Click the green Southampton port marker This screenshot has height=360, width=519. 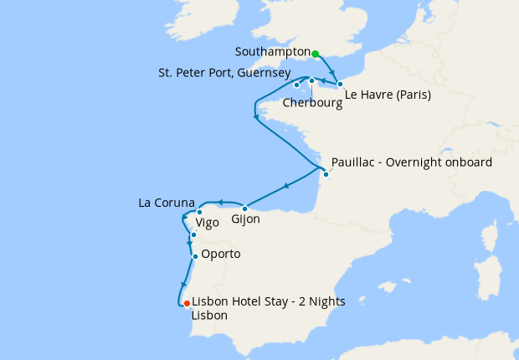tap(316, 54)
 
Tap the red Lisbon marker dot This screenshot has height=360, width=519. tap(186, 303)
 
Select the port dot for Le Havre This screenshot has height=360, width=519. tap(341, 85)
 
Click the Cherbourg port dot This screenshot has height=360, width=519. tap(311, 81)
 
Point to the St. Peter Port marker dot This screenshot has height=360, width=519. tap(297, 85)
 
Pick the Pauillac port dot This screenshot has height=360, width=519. tap(326, 174)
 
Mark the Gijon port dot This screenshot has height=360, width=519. tap(244, 208)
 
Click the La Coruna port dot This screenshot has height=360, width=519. tap(199, 212)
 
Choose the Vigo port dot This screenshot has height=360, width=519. tap(193, 235)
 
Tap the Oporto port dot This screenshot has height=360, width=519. tap(195, 256)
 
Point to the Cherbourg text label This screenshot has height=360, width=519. tap(312, 104)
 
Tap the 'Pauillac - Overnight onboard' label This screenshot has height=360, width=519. tap(412, 162)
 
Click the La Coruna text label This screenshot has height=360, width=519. tap(167, 203)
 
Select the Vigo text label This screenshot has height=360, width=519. tap(208, 224)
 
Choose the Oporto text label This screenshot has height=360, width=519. tap(222, 254)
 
